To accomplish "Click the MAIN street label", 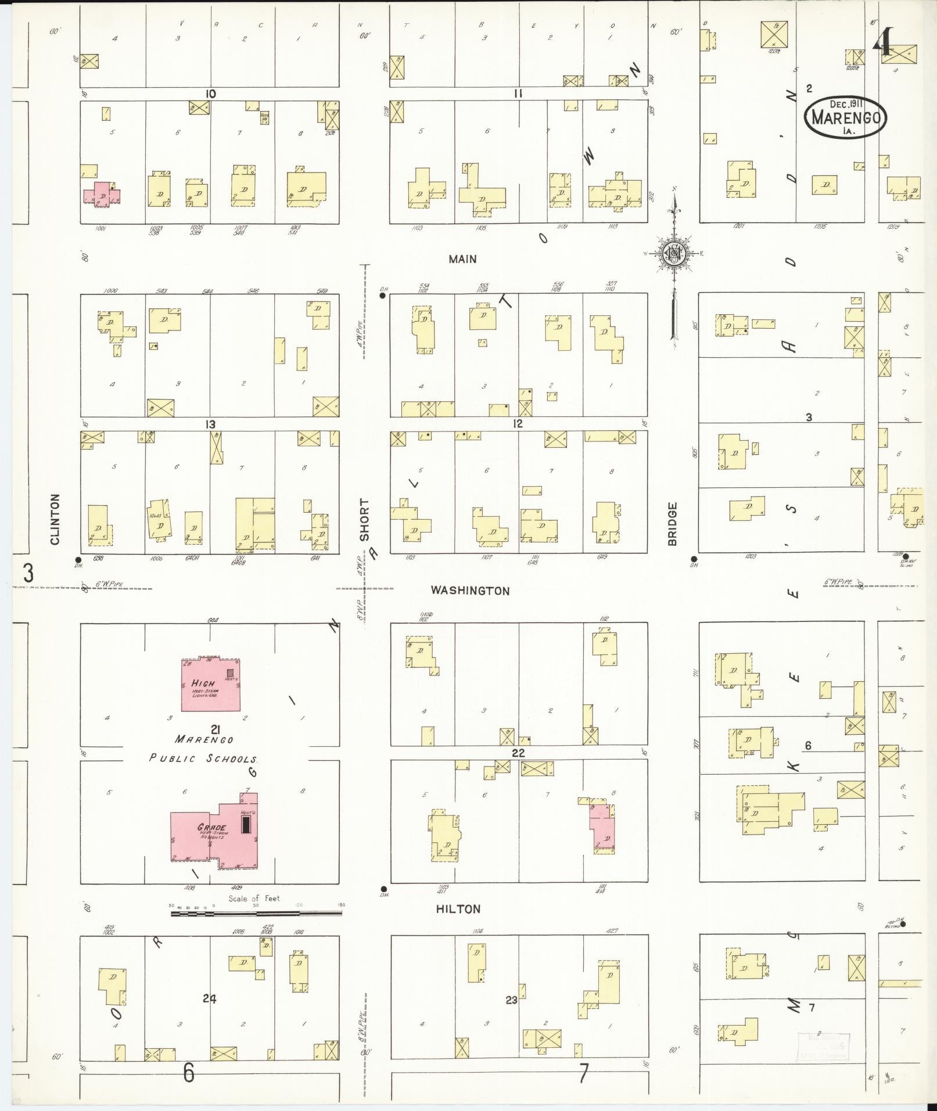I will pos(462,259).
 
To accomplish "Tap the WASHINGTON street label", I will pos(470,591).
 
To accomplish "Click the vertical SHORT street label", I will pos(364,520).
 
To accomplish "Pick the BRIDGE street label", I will pos(673,524).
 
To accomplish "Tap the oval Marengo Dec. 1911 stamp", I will pos(846,117).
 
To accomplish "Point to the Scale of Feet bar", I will pos(256,914).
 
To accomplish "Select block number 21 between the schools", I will pos(216,728).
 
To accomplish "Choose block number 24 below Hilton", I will pos(210,998).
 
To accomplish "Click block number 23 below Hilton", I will pos(511,1000).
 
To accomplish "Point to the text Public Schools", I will pos(203,758).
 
